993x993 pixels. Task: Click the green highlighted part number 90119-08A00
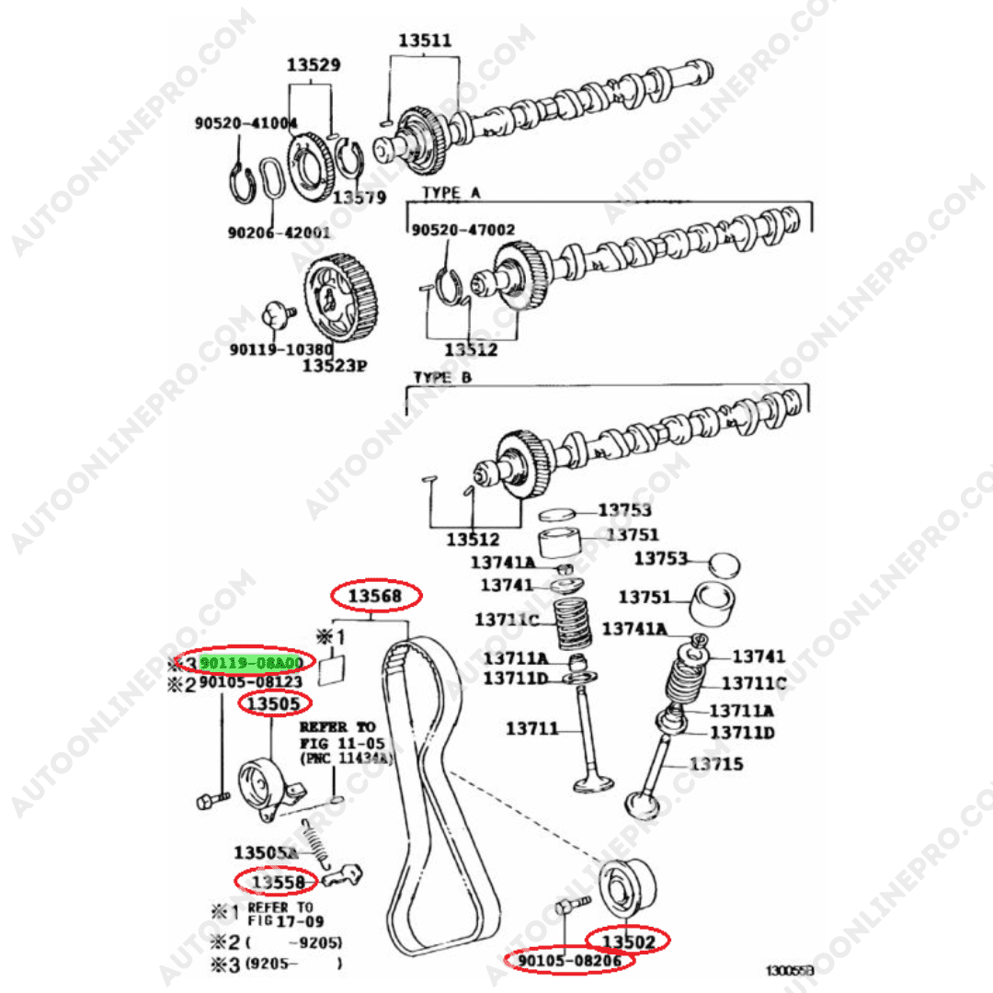pyautogui.click(x=251, y=662)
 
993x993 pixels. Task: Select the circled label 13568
pyautogui.click(x=376, y=597)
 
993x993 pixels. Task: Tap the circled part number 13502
pyautogui.click(x=629, y=941)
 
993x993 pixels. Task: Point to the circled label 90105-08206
pyautogui.click(x=570, y=962)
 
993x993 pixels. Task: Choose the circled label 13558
pyautogui.click(x=277, y=882)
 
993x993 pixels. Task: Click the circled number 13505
pyautogui.click(x=275, y=704)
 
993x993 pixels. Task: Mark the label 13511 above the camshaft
pyautogui.click(x=425, y=41)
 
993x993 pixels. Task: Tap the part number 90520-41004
pyautogui.click(x=245, y=123)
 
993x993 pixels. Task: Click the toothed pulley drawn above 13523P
pyautogui.click(x=341, y=300)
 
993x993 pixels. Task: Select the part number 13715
pyautogui.click(x=716, y=764)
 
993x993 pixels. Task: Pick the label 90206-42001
pyautogui.click(x=279, y=233)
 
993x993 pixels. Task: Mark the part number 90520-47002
pyautogui.click(x=462, y=230)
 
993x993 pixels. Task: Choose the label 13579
pyautogui.click(x=359, y=197)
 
